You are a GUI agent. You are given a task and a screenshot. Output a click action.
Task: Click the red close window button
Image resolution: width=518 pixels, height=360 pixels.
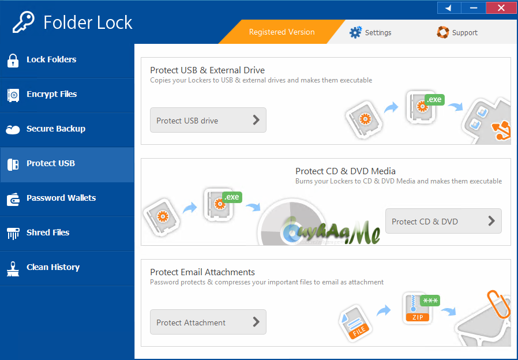(501, 8)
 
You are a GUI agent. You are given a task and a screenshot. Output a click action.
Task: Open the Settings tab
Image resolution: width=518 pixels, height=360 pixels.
(370, 32)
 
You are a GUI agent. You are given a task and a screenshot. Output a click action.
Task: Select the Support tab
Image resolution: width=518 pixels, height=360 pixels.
(457, 32)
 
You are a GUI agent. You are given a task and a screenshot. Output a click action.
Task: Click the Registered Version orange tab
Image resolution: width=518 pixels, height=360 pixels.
(282, 32)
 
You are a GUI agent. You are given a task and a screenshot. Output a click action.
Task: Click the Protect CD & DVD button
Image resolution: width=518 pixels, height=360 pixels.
(444, 221)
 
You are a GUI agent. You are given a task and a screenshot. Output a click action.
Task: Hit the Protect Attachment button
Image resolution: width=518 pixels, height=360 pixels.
(208, 322)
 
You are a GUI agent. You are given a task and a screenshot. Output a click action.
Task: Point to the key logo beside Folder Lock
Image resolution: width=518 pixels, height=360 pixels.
(24, 22)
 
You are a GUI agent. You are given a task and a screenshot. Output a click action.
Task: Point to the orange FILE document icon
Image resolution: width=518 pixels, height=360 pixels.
(355, 323)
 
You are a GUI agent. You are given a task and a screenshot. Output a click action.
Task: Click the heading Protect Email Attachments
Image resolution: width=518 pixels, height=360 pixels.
(202, 272)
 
